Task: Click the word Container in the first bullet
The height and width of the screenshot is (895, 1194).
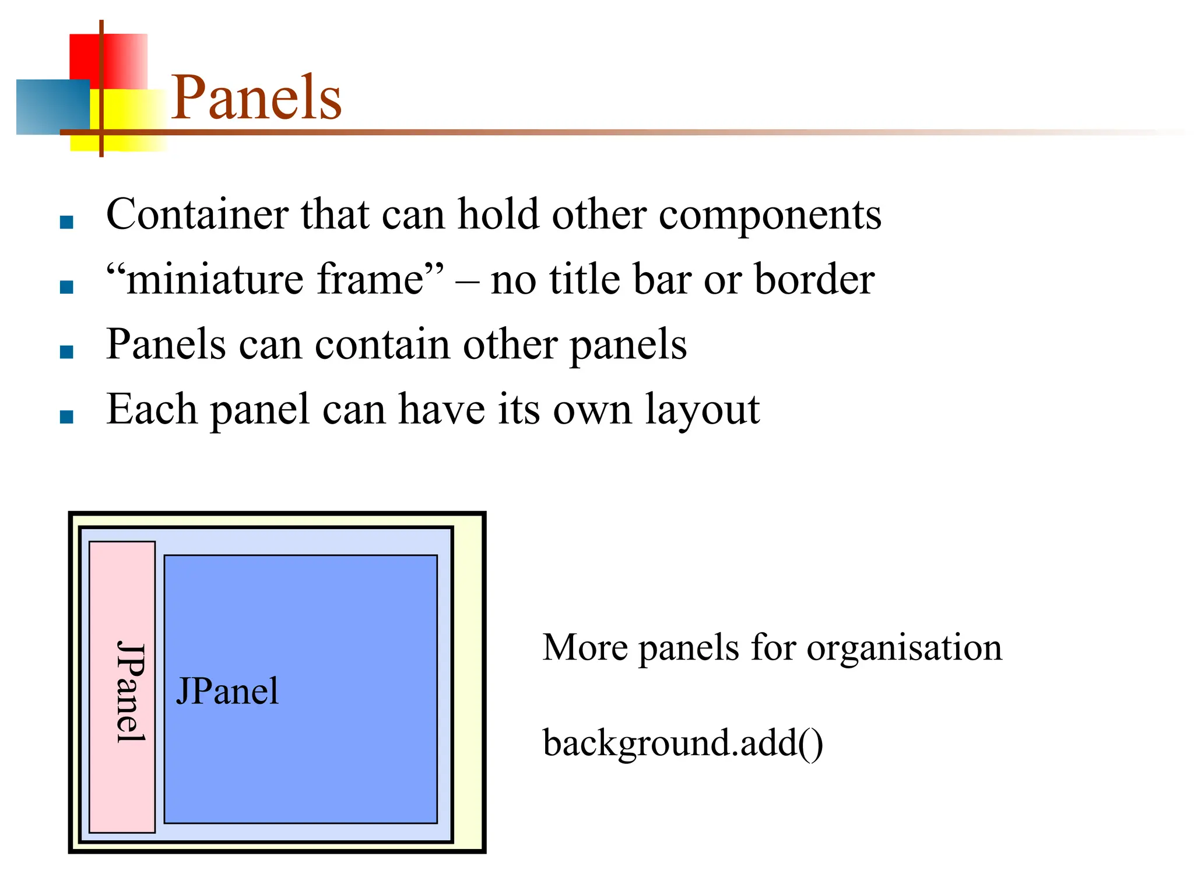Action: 197,214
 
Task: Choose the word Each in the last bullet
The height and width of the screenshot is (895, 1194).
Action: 152,409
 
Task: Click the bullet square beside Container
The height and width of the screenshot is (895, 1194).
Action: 66,222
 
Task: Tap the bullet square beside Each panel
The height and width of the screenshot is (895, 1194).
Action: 66,416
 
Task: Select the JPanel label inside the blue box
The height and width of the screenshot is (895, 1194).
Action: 227,692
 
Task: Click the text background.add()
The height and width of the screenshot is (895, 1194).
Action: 682,743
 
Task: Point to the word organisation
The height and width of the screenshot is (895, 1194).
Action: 904,648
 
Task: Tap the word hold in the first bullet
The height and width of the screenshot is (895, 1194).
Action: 498,214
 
